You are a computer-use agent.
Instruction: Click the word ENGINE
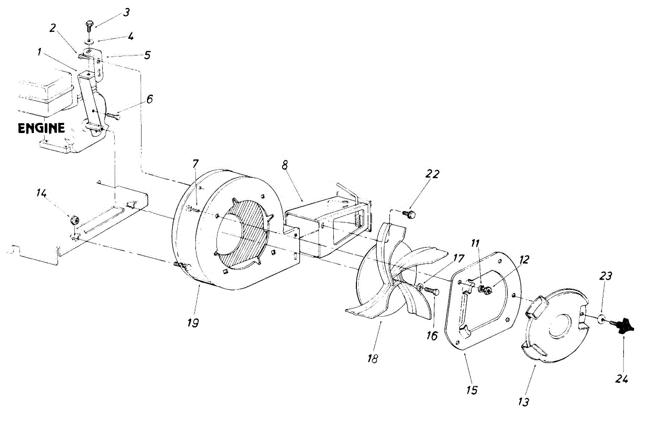point(41,129)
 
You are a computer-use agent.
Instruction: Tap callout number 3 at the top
point(126,12)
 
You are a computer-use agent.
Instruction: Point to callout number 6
point(150,99)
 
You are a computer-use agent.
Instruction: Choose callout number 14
point(41,193)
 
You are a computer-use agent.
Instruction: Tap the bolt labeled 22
point(412,214)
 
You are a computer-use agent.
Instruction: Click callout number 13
point(524,401)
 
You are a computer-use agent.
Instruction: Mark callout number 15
point(472,389)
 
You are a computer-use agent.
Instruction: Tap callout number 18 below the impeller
point(371,358)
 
